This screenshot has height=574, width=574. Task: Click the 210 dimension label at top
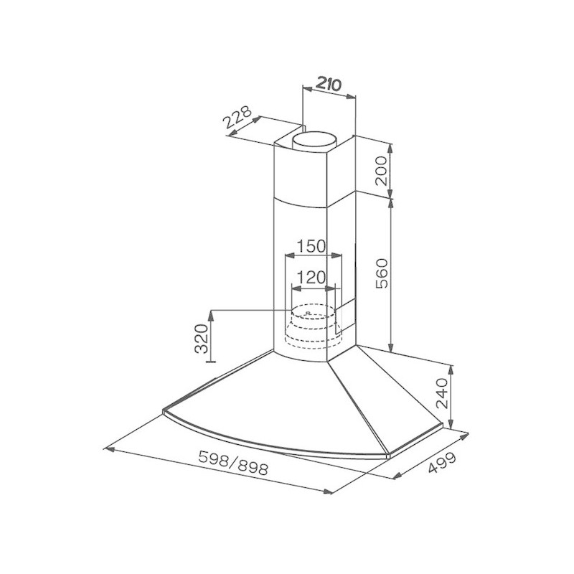click(327, 84)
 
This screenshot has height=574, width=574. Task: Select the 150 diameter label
click(311, 246)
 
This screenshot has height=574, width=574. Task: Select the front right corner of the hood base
click(388, 453)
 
